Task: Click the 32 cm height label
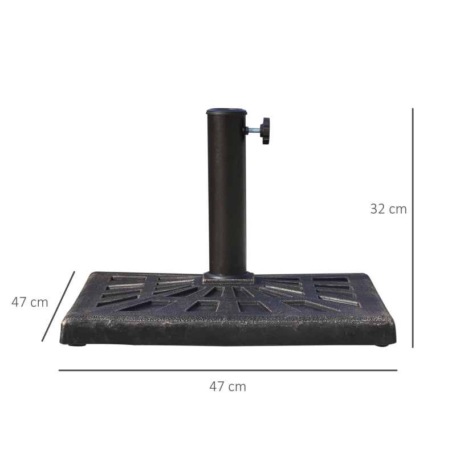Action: point(388,209)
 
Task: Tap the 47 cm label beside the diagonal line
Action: point(30,302)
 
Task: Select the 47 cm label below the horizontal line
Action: point(227,386)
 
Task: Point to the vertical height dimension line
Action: point(413,228)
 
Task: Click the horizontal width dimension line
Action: point(228,370)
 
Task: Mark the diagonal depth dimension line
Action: point(58,307)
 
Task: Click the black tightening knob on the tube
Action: point(265,131)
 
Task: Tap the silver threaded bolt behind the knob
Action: point(253,130)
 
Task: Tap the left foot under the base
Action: point(78,344)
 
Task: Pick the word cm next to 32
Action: point(397,209)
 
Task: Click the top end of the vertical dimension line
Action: point(413,109)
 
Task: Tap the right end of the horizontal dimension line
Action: point(396,370)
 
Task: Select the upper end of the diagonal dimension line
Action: point(75,272)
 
